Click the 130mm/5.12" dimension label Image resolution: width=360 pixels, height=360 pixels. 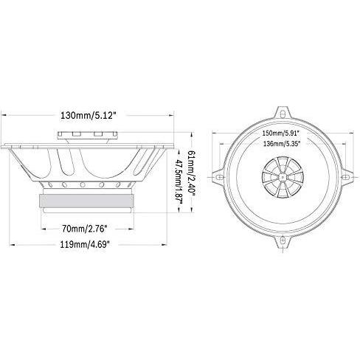(89, 115)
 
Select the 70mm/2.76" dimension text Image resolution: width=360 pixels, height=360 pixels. (85, 229)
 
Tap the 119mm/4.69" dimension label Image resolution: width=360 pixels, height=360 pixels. (85, 244)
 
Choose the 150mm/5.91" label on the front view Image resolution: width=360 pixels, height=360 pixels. (281, 134)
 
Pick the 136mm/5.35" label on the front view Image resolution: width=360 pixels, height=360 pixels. (282, 144)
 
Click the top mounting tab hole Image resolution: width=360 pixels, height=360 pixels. (283, 114)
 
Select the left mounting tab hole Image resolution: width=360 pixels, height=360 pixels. (219, 177)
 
